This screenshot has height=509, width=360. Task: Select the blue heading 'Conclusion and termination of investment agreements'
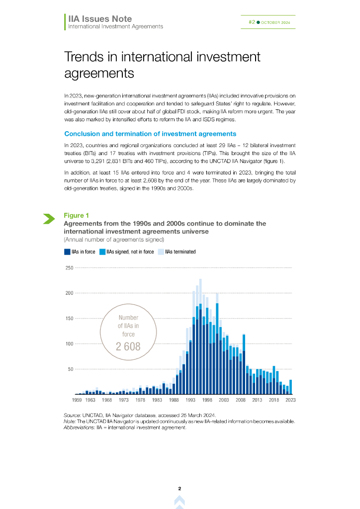coord(150,134)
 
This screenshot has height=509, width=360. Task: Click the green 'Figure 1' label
coord(76,215)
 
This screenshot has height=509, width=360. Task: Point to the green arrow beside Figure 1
coord(49,218)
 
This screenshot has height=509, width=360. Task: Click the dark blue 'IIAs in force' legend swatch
coord(67,252)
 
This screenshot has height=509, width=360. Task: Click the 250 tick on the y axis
coord(70,268)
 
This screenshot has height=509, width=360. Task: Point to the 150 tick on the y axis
coord(70,319)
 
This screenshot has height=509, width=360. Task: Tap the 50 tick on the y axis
coord(71,369)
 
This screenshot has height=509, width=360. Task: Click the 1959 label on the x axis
coord(77,400)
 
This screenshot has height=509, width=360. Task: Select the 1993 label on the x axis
coord(190,400)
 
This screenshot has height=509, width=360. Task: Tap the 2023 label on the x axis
coord(290,400)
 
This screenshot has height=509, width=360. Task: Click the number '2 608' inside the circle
coord(128,346)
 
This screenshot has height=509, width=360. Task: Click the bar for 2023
coord(290,387)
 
